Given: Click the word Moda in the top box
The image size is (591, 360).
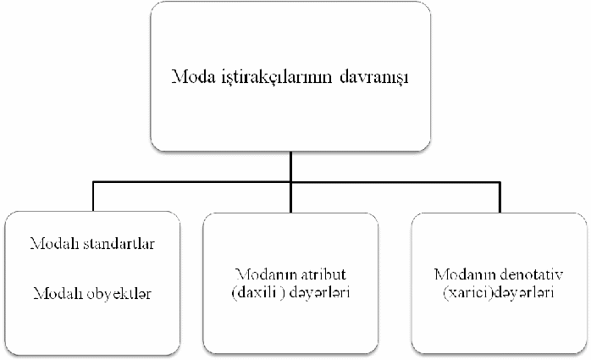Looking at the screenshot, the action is click(193, 76).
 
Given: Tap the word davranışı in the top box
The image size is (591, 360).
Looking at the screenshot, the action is click(374, 78).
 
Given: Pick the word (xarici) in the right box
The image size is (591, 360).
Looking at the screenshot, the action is click(468, 292).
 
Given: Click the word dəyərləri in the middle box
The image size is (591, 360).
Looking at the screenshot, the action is click(319, 292).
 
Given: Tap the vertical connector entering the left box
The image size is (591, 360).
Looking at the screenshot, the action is click(93, 197).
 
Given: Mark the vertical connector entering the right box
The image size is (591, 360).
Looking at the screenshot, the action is click(500, 197).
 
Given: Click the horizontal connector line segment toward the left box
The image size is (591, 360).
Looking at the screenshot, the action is click(192, 182).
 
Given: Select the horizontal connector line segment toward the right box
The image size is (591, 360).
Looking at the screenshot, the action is click(395, 182).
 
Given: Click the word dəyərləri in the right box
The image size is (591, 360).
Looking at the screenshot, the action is click(524, 292).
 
